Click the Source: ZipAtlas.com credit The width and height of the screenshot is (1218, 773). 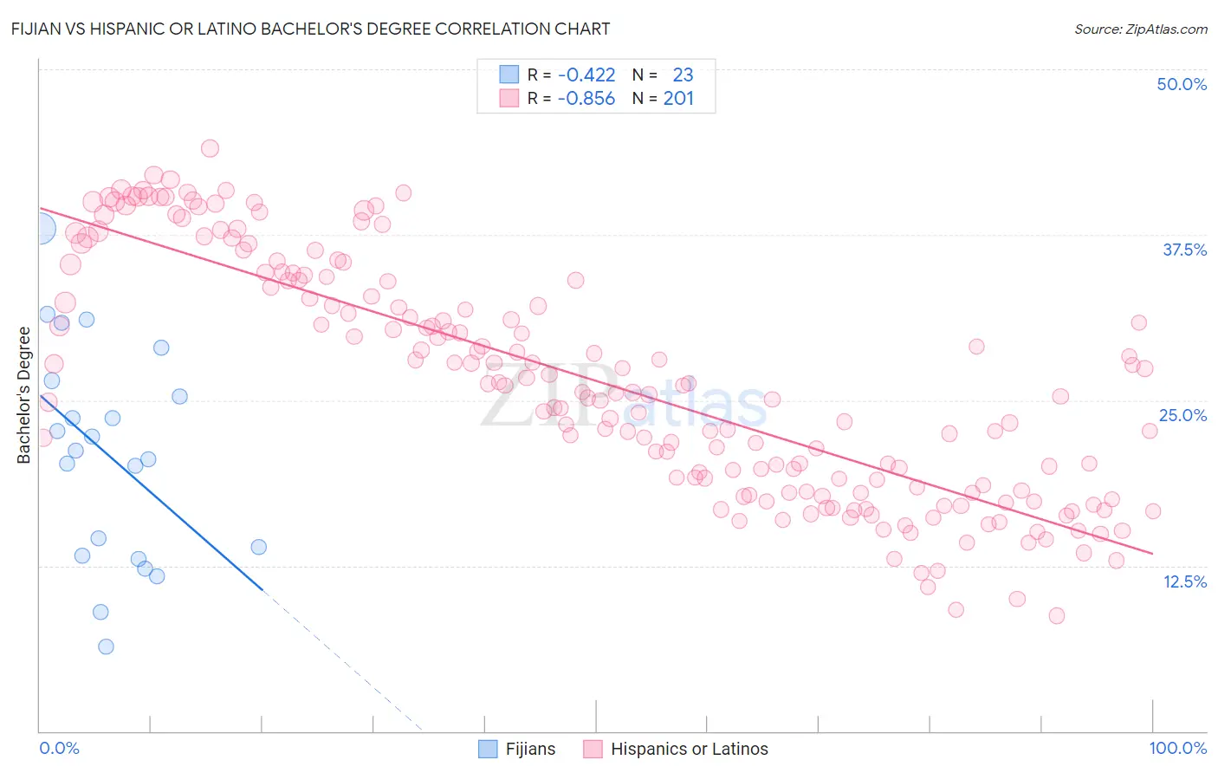tap(1140, 29)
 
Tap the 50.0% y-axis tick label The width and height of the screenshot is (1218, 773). tap(1182, 84)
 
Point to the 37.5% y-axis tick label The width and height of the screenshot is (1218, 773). tap(1184, 250)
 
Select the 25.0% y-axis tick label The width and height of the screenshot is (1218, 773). tap(1182, 415)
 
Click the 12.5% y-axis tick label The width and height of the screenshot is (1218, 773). tap(1184, 581)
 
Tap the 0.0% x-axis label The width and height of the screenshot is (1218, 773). tap(60, 748)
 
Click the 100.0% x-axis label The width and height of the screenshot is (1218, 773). tap(1177, 748)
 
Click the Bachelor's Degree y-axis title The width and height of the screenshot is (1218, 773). tap(24, 395)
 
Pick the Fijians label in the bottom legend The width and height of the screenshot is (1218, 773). tap(530, 749)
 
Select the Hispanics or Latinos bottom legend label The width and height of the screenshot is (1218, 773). tap(689, 749)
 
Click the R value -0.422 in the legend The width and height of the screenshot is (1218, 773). tap(586, 75)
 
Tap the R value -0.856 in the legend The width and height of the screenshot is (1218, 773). tap(586, 99)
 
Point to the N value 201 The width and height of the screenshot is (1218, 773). tap(678, 99)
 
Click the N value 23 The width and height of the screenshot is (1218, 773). tap(683, 75)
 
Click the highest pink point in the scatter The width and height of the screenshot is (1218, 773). tap(210, 148)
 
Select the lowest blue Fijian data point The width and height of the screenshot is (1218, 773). tap(106, 646)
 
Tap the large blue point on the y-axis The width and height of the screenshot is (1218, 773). tap(40, 230)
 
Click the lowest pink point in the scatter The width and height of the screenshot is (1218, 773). tap(1056, 615)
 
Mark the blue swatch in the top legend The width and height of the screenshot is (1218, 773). tap(509, 75)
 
